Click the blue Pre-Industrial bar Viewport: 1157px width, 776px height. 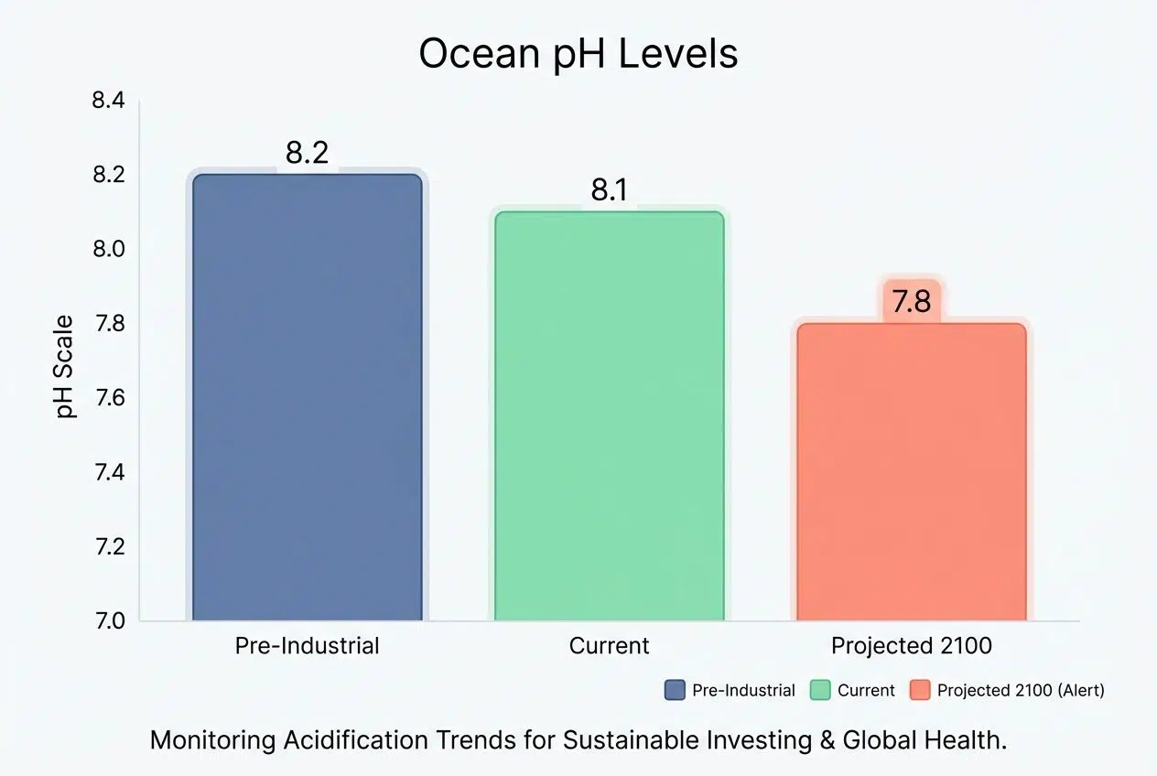tap(307, 398)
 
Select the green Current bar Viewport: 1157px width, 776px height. tap(609, 416)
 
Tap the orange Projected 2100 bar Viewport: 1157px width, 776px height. tap(911, 472)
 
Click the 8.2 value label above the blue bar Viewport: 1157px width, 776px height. tap(307, 153)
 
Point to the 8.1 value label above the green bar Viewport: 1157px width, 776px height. tap(609, 190)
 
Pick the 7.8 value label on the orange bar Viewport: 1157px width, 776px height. tap(911, 301)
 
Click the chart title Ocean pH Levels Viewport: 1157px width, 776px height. tap(578, 54)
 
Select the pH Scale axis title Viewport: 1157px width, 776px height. tap(66, 366)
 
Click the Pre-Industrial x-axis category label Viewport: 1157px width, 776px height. tap(307, 645)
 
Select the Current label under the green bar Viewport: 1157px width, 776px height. tap(609, 645)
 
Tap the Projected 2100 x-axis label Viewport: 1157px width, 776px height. tap(911, 645)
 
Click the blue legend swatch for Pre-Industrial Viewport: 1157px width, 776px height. tap(675, 690)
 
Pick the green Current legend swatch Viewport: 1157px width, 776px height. tap(819, 690)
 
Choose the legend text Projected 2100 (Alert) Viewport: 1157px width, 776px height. tap(1021, 690)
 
